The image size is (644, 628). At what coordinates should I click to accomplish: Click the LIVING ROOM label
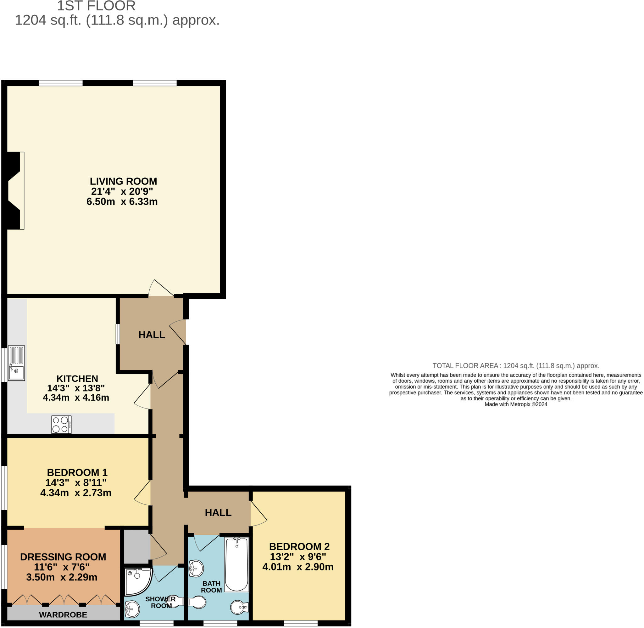(123, 181)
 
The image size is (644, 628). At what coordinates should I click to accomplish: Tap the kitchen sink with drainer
(16, 363)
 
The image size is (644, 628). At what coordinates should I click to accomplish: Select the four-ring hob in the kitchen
(61, 424)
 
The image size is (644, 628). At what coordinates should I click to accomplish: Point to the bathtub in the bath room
(236, 564)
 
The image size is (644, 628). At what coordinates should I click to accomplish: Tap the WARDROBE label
(63, 614)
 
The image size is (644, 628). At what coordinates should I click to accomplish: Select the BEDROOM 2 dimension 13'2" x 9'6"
(298, 557)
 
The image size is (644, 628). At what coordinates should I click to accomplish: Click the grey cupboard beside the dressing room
(136, 547)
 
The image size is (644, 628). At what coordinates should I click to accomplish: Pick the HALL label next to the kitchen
(151, 335)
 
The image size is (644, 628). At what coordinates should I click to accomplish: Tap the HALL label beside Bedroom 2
(218, 513)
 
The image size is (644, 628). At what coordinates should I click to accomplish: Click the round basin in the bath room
(196, 568)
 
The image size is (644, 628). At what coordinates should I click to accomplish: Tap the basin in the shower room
(132, 609)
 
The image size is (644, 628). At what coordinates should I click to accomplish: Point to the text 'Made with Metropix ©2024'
(516, 404)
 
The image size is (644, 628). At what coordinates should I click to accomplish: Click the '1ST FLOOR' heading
(96, 6)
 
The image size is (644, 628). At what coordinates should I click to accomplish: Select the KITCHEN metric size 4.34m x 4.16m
(76, 397)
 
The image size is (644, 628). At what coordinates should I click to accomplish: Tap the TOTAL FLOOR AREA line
(516, 365)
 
